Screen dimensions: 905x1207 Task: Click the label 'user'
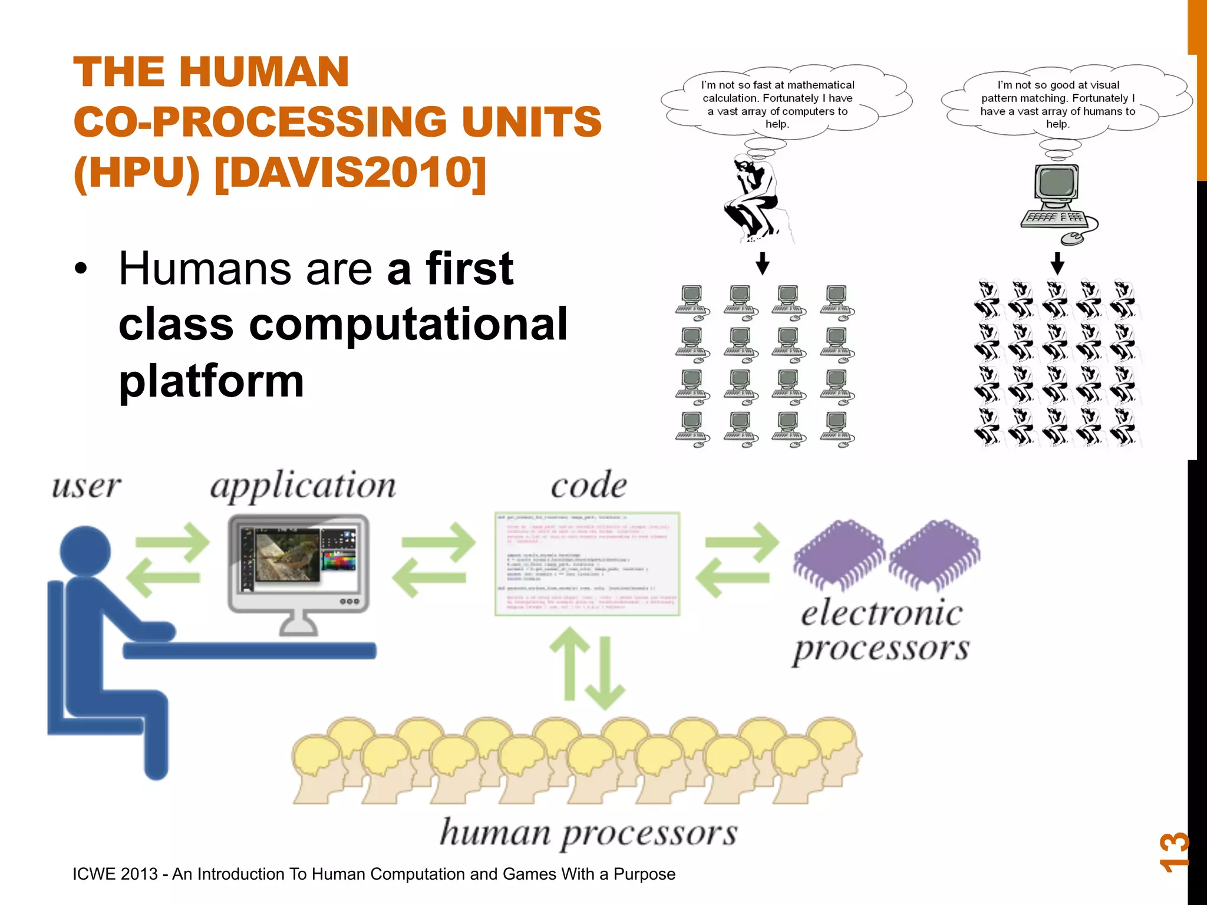pyautogui.click(x=87, y=487)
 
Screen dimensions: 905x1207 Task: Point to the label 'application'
pyautogui.click(x=303, y=487)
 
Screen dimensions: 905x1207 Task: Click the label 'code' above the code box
pyautogui.click(x=588, y=485)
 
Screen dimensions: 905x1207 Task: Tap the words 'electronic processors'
pyautogui.click(x=881, y=630)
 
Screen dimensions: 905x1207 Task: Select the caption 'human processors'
pyautogui.click(x=588, y=833)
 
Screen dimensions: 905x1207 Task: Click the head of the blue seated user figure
pyautogui.click(x=86, y=551)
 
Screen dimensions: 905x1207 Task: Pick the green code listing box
pyautogui.click(x=587, y=564)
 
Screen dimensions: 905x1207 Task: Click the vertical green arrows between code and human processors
pyautogui.click(x=587, y=668)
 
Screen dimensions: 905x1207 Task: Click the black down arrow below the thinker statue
pyautogui.click(x=762, y=263)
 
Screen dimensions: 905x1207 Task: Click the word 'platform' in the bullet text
pyautogui.click(x=211, y=381)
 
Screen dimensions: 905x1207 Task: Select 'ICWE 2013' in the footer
pyautogui.click(x=115, y=874)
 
